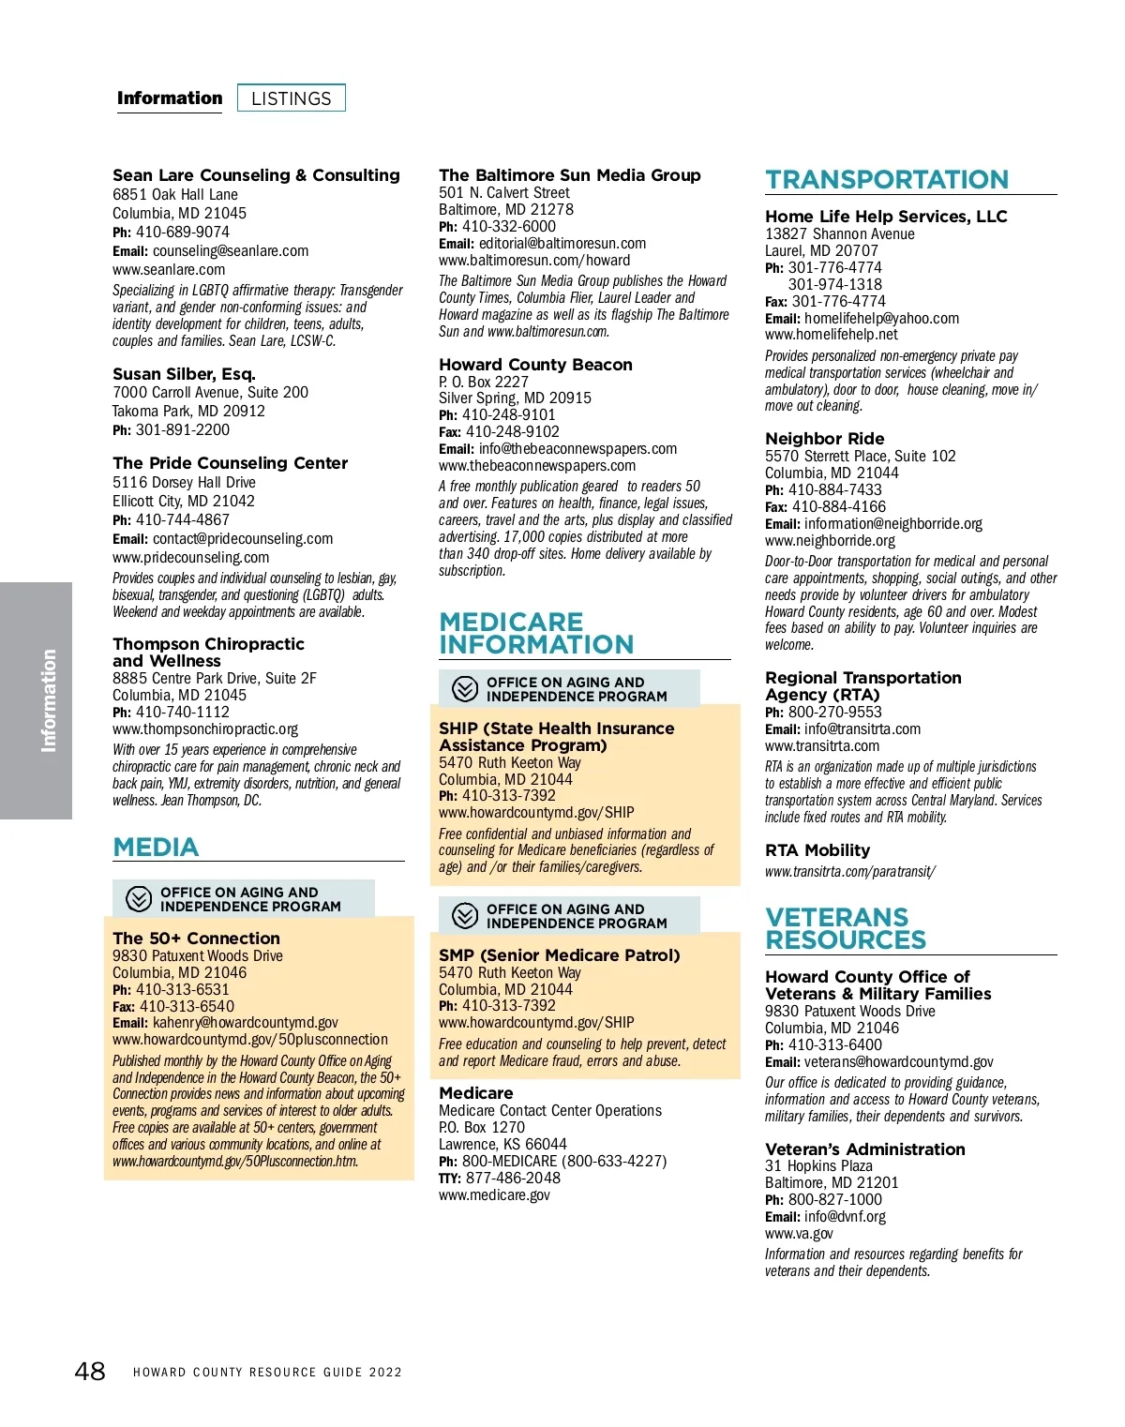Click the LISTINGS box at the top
click(292, 98)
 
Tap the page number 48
click(90, 1372)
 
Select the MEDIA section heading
click(156, 848)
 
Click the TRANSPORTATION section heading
click(887, 179)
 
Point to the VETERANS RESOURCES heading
click(846, 928)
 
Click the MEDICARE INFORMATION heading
click(536, 634)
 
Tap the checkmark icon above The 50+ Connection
click(139, 899)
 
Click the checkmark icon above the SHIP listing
click(465, 689)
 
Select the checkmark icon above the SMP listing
click(465, 916)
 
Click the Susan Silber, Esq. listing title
click(184, 374)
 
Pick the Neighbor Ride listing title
click(824, 439)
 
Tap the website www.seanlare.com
click(169, 270)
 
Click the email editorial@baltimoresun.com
click(562, 244)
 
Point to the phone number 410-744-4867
click(182, 520)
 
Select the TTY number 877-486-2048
click(513, 1179)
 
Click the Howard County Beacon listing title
click(535, 365)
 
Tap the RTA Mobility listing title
click(817, 850)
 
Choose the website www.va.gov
click(799, 1234)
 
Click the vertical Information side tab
click(48, 700)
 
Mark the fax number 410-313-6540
click(187, 1007)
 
